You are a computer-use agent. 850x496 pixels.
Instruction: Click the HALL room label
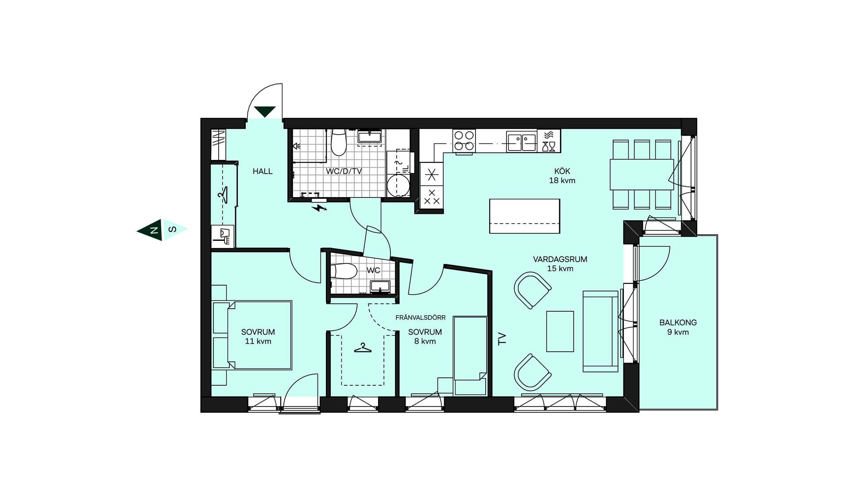pos(263,171)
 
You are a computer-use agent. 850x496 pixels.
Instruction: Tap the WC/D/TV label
pos(344,171)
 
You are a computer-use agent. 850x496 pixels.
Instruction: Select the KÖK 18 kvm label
pos(562,176)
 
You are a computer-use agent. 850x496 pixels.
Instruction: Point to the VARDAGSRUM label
pos(560,260)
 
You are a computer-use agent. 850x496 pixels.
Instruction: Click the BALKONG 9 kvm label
pos(678,327)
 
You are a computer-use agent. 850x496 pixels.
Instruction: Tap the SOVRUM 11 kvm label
pos(258,337)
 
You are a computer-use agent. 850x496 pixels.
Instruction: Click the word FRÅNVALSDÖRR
pos(421,318)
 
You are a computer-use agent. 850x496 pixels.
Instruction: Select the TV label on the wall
pos(502,339)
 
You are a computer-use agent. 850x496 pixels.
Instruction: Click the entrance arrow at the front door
pos(265,111)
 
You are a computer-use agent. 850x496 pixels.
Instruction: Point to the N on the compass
pos(154,230)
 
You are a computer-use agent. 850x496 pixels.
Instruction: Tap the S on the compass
pos(173,229)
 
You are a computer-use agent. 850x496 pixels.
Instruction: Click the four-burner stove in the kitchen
pos(464,141)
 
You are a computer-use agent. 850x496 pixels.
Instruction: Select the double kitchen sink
pos(522,141)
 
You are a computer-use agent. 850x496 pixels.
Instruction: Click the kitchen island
pos(525,216)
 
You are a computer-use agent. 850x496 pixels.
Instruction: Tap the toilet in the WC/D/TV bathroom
pos(339,142)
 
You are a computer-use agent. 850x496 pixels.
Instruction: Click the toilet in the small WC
pos(344,271)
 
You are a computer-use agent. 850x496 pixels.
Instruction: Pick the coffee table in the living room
pos(560,331)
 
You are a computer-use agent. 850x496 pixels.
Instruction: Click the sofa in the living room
pos(600,331)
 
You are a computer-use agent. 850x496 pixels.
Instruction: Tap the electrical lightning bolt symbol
pos(319,207)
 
